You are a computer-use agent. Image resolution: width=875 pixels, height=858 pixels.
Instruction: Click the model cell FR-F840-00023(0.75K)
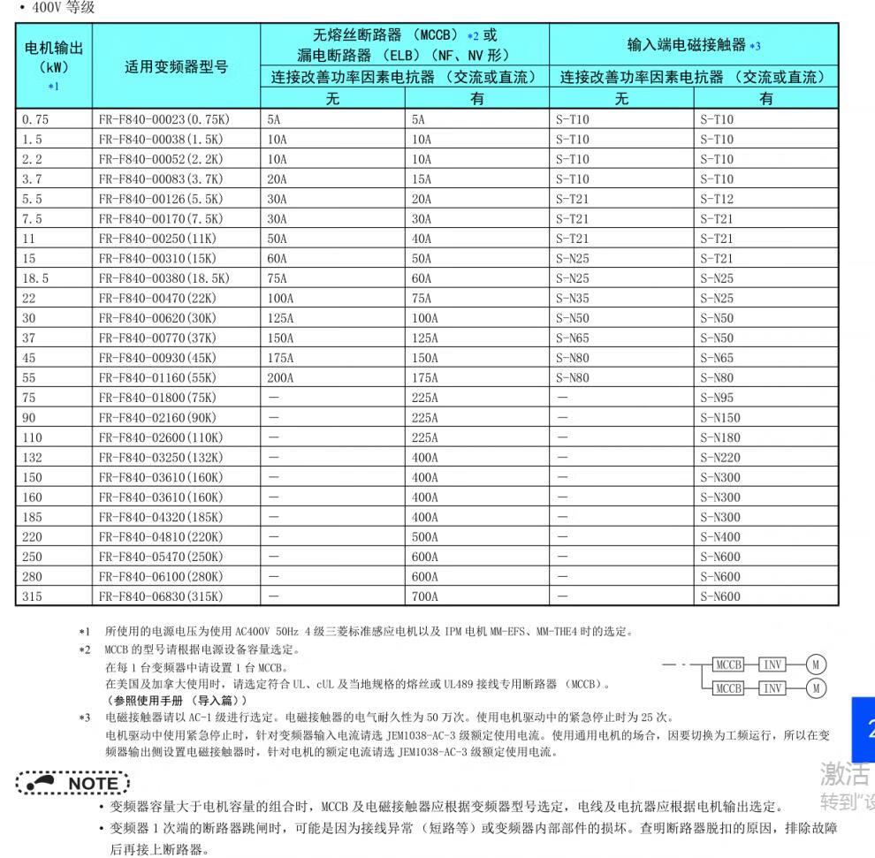(x=161, y=119)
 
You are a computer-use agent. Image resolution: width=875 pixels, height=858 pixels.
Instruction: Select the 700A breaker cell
(x=424, y=596)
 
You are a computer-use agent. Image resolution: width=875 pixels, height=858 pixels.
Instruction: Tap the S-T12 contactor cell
(x=717, y=199)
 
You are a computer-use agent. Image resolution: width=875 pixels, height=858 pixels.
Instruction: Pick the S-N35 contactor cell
(x=572, y=299)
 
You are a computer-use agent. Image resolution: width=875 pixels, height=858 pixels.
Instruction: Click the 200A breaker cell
(x=282, y=378)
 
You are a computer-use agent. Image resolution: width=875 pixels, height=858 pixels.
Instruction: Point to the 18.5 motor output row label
(x=35, y=278)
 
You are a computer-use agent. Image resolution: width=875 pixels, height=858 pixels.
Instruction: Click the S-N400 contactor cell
(x=720, y=537)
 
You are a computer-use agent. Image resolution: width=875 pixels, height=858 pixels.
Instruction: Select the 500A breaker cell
(x=424, y=537)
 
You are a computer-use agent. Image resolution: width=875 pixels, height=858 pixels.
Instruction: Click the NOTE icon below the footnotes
(x=72, y=783)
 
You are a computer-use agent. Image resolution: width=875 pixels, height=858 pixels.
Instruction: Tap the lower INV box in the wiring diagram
(x=772, y=687)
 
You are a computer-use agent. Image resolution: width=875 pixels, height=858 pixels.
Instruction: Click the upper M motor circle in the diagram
(x=818, y=665)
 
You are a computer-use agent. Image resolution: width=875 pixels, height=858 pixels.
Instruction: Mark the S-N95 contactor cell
(x=717, y=398)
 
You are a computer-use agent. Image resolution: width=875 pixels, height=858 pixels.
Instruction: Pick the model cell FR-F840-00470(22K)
(x=162, y=299)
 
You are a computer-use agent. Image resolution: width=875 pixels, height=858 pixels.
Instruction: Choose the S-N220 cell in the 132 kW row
(x=720, y=458)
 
